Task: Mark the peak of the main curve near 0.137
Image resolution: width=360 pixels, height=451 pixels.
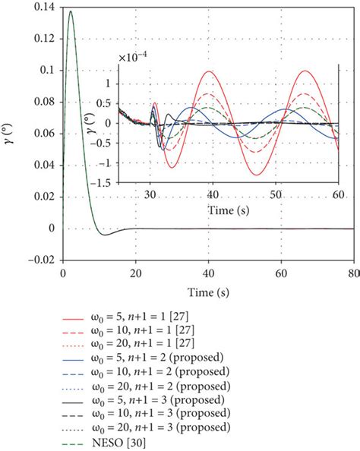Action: [x=71, y=11]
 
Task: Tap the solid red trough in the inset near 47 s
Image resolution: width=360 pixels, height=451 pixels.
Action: [x=257, y=175]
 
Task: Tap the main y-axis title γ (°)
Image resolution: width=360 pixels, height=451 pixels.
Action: [x=10, y=133]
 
